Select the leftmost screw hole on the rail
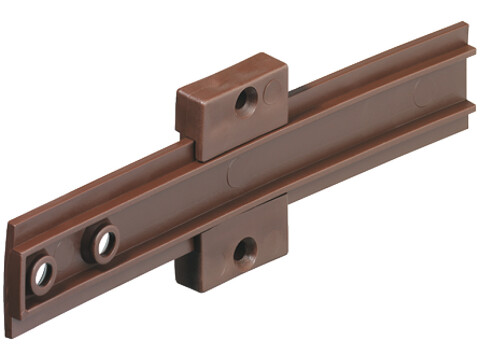click(43, 272)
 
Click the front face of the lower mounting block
click(245, 255)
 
